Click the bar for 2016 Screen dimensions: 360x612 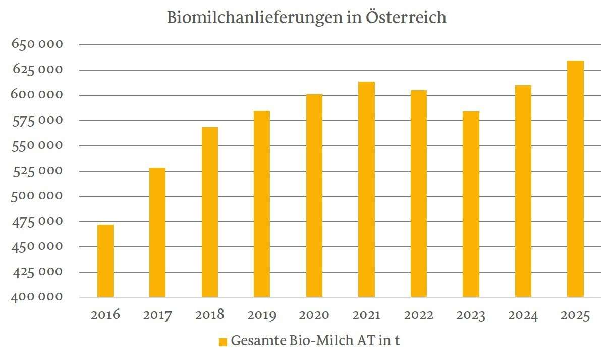(105, 261)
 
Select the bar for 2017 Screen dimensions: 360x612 (157, 232)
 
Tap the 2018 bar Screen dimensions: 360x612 (210, 212)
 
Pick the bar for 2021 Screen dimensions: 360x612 (366, 189)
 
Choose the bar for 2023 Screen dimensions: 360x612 (471, 204)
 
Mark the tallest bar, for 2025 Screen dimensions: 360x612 (575, 179)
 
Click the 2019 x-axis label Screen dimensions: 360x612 (262, 316)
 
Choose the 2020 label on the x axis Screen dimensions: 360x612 (314, 316)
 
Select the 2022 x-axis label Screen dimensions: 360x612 (418, 316)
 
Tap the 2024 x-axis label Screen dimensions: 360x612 (523, 316)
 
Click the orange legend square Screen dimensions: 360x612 (222, 342)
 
